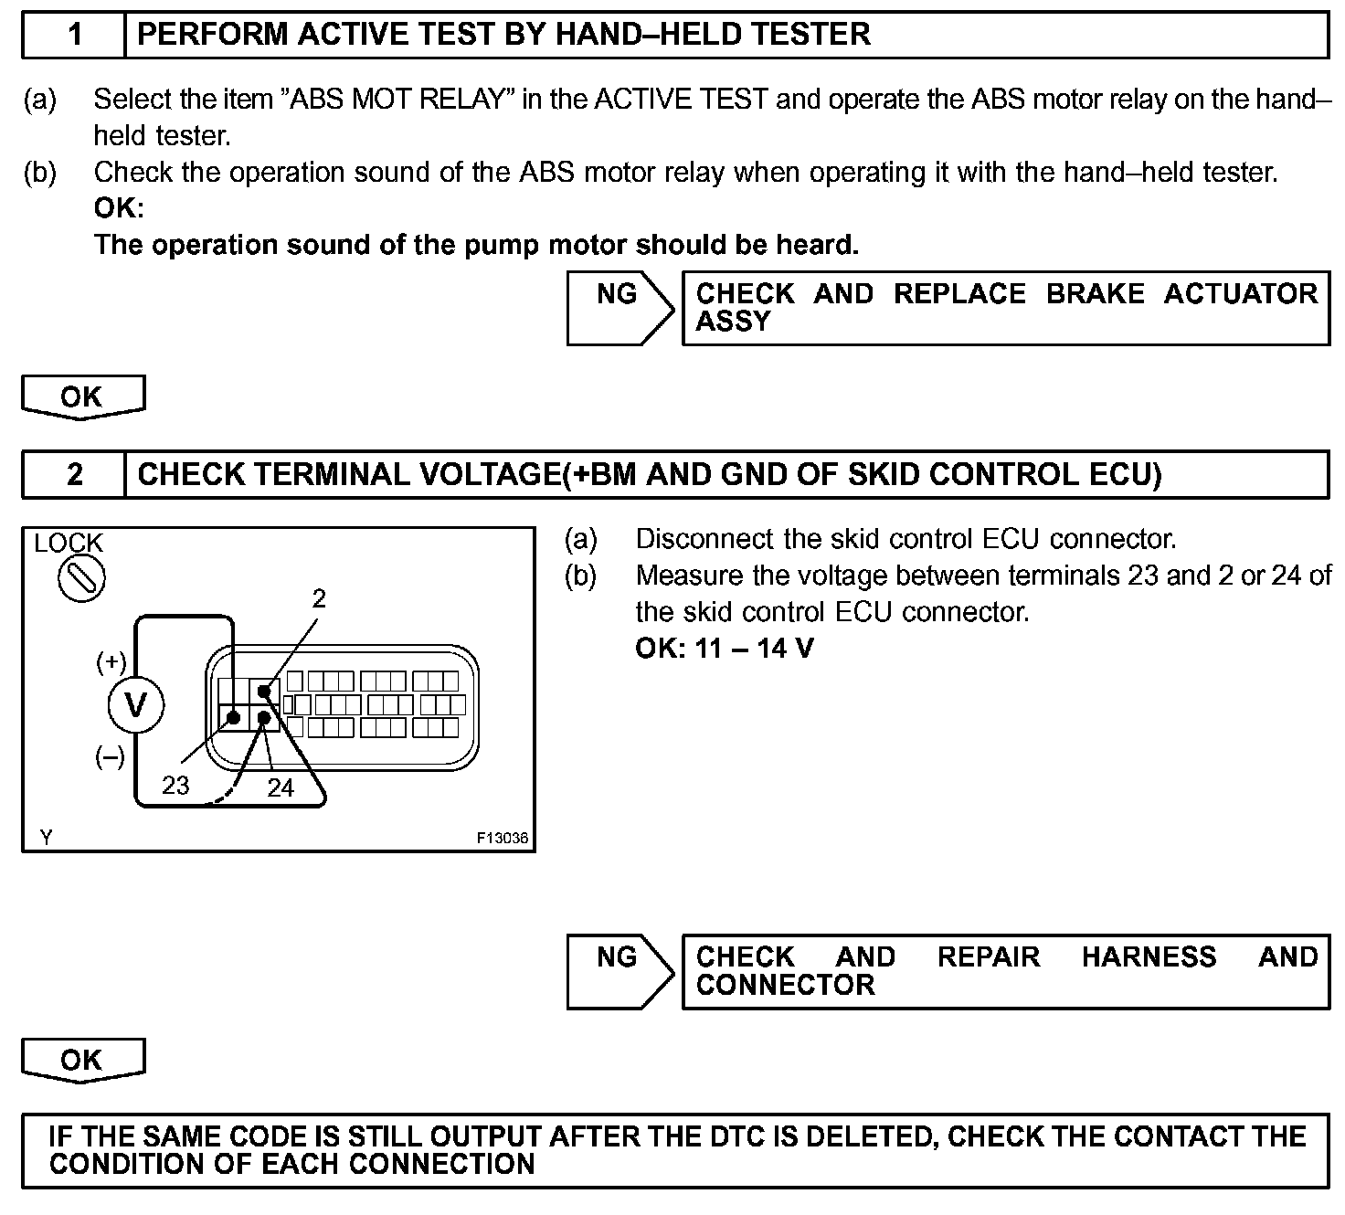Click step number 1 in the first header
pyautogui.click(x=75, y=35)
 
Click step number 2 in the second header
pyautogui.click(x=75, y=474)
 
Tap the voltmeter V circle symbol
pyautogui.click(x=135, y=705)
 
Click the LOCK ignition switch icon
pyautogui.click(x=81, y=579)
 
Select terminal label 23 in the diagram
pyautogui.click(x=175, y=785)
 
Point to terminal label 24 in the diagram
pyautogui.click(x=281, y=787)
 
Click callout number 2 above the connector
pyautogui.click(x=318, y=598)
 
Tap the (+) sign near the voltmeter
pyautogui.click(x=111, y=662)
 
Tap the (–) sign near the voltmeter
pyautogui.click(x=111, y=757)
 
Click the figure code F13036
pyautogui.click(x=502, y=838)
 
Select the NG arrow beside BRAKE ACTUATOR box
pyautogui.click(x=620, y=307)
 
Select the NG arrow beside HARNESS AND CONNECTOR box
pyautogui.click(x=620, y=970)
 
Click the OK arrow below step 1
pyautogui.click(x=82, y=397)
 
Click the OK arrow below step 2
pyautogui.click(x=82, y=1061)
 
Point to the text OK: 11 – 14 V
pyautogui.click(x=724, y=649)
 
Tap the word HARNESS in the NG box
pyautogui.click(x=1149, y=957)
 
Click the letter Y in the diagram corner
pyautogui.click(x=46, y=838)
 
